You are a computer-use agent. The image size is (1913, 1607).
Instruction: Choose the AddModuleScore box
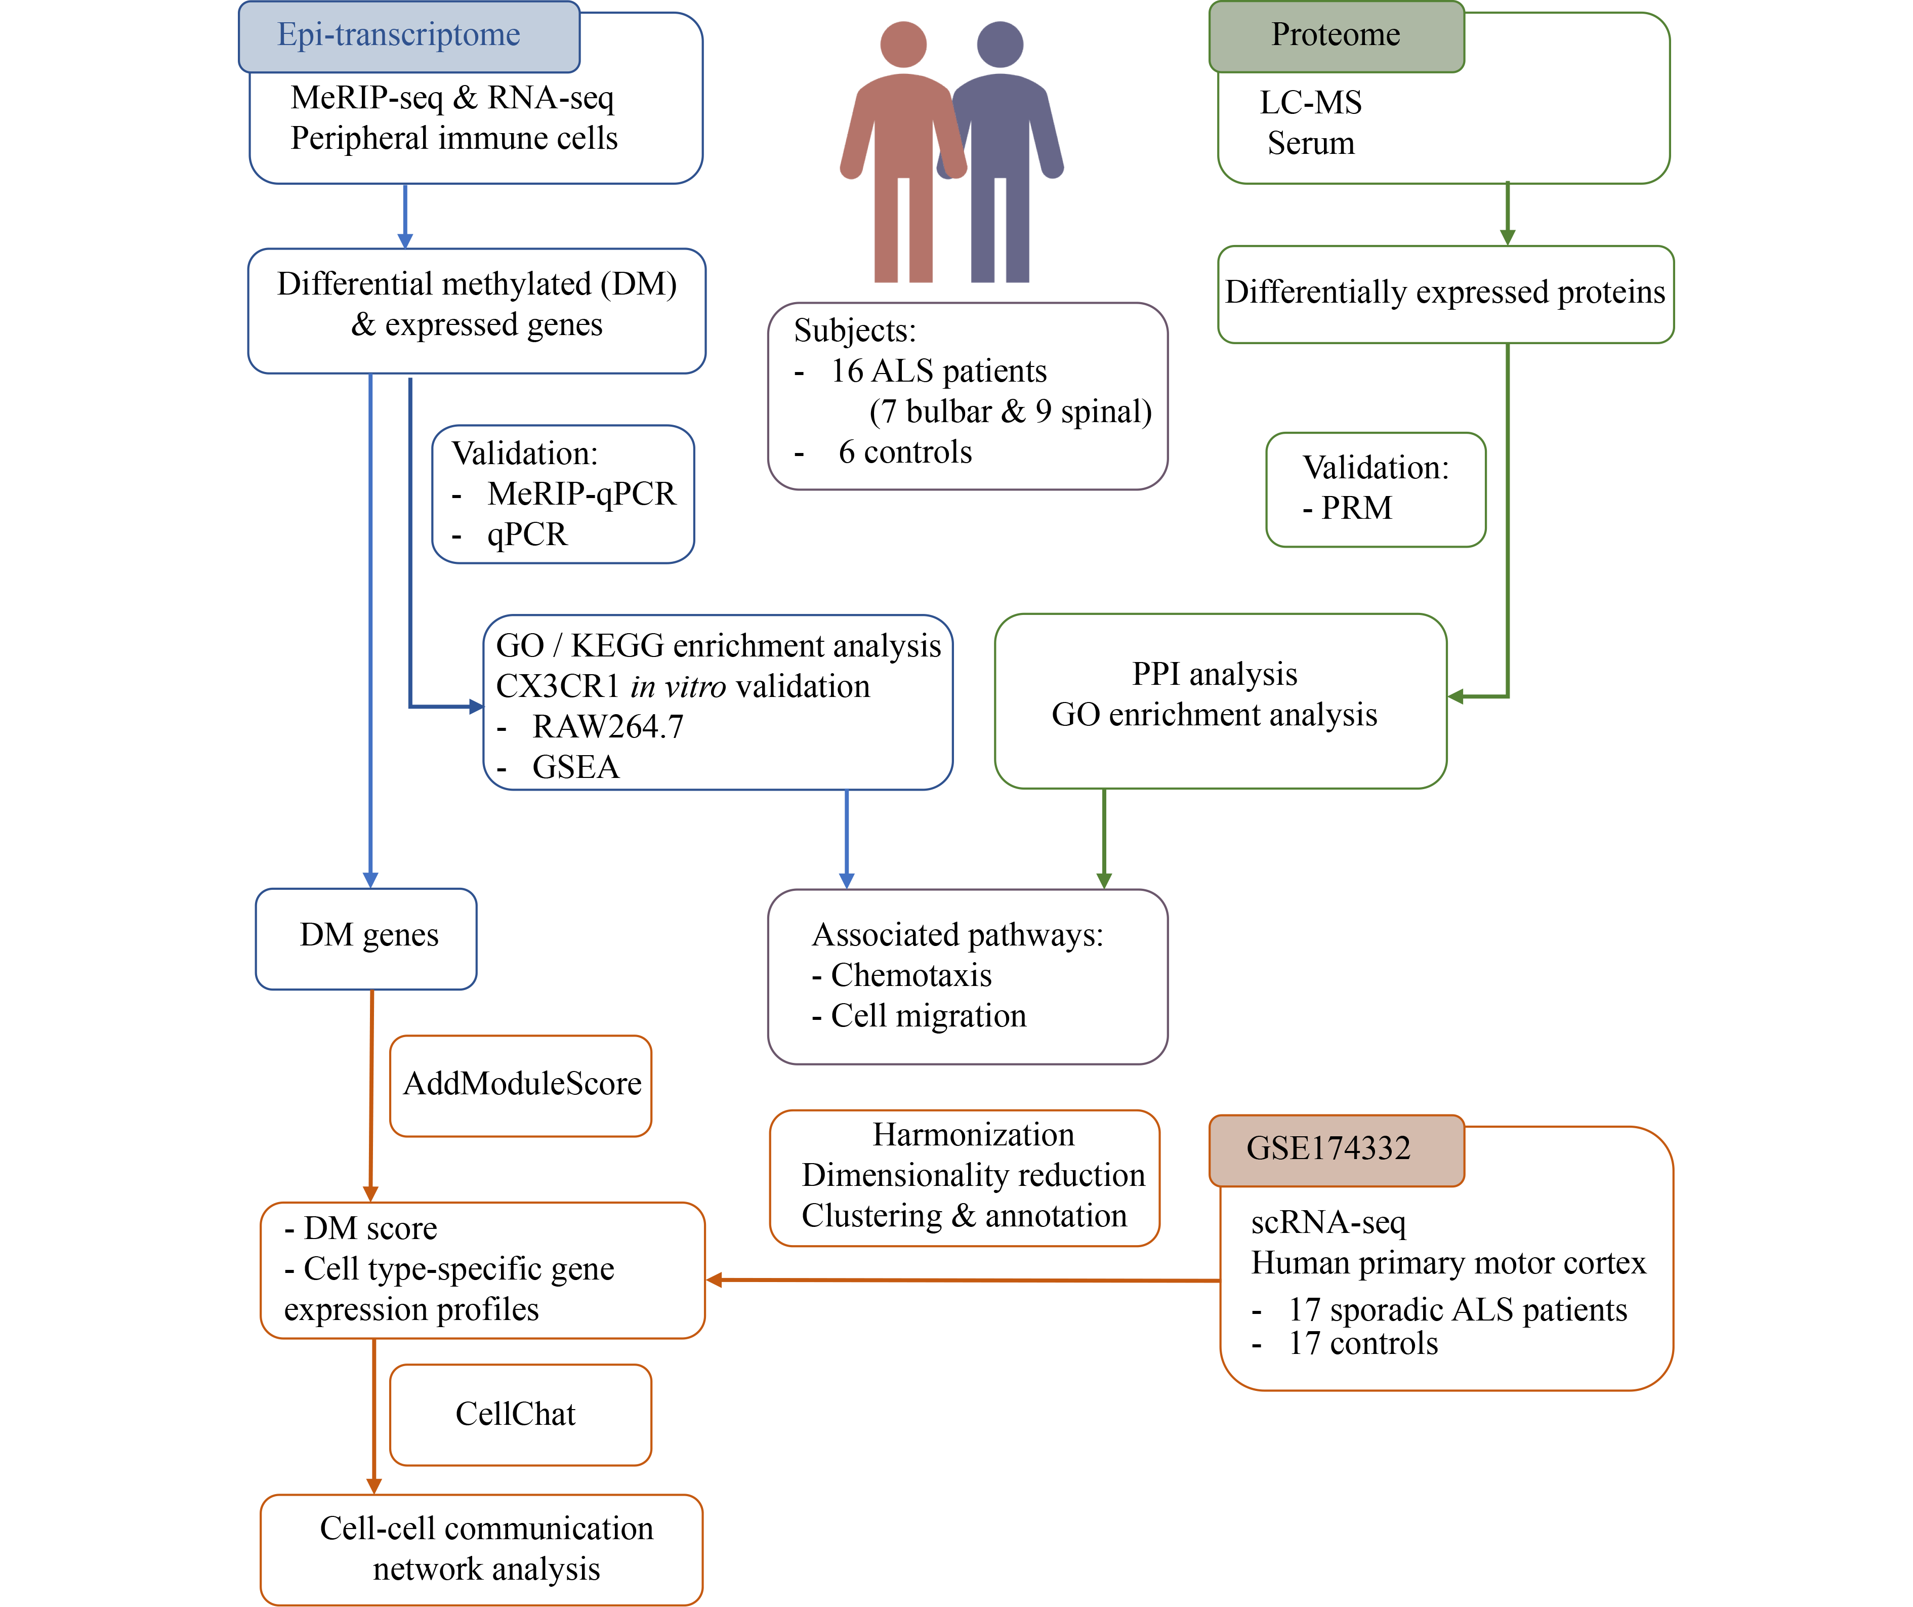(x=521, y=1085)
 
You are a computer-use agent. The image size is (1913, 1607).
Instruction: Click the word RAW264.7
(x=608, y=727)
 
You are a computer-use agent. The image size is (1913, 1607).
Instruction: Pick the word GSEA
(x=576, y=768)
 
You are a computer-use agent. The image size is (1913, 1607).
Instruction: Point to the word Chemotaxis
(x=911, y=976)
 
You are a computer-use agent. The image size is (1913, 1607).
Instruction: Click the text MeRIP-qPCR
(x=581, y=495)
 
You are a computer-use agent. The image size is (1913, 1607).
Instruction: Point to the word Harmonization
(x=973, y=1135)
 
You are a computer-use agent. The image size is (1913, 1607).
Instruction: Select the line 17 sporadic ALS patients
(x=1457, y=1310)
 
